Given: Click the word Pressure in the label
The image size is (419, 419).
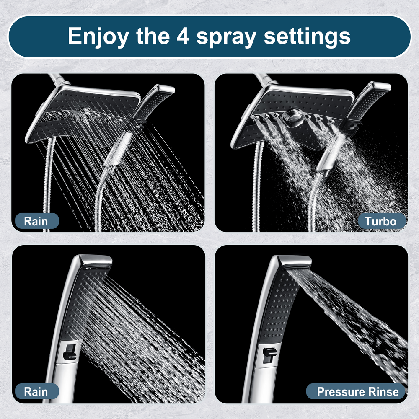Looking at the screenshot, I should click(339, 392).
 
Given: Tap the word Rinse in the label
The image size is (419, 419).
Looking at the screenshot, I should click(382, 392).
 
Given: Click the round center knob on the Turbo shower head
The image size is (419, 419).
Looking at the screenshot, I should click(294, 116).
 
